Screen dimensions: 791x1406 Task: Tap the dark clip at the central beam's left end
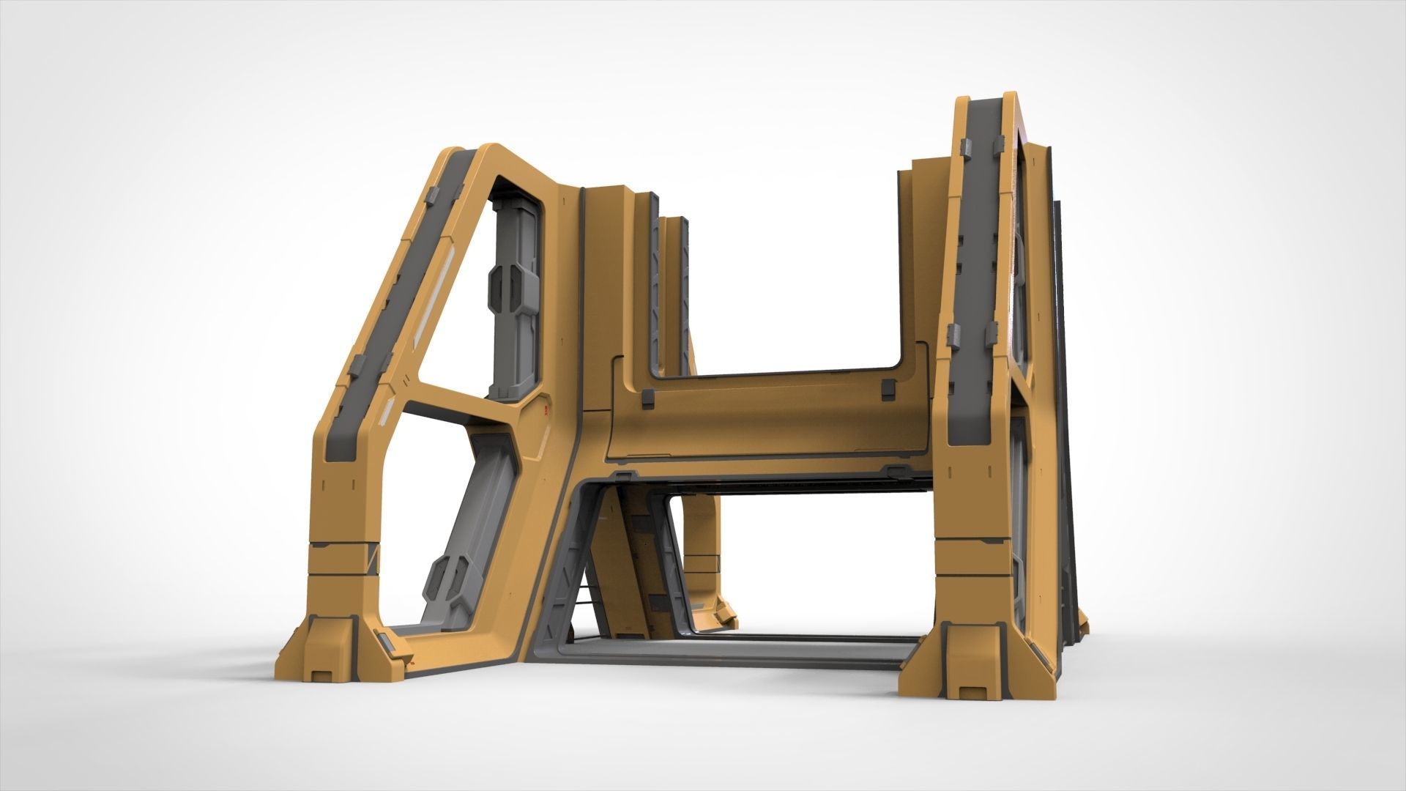click(x=647, y=397)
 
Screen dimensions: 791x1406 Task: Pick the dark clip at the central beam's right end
click(x=888, y=389)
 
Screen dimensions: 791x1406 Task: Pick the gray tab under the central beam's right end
click(x=895, y=469)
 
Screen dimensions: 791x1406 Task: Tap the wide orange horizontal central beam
click(x=762, y=421)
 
